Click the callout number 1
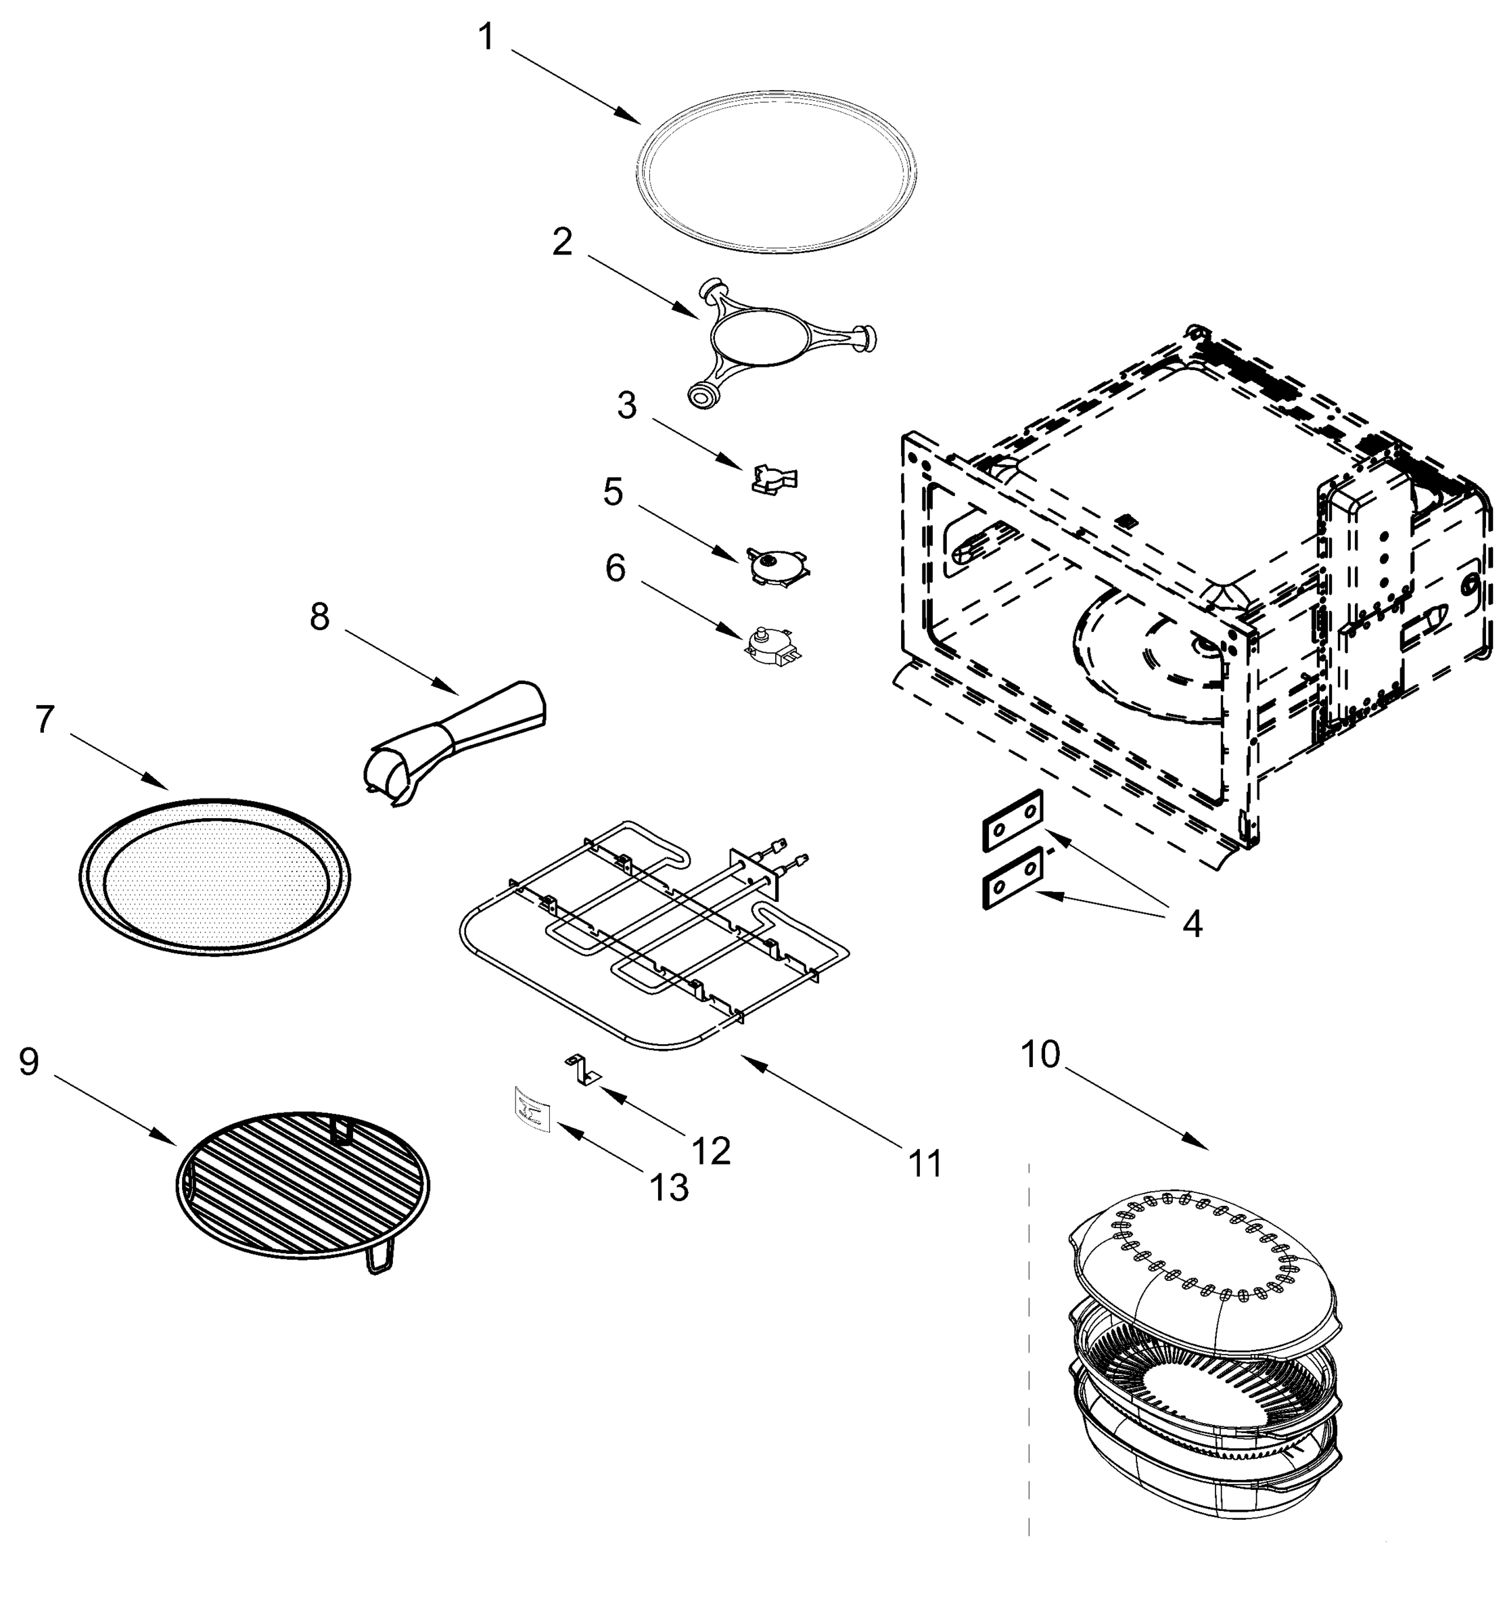(x=486, y=37)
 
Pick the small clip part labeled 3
(x=773, y=479)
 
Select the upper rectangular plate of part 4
(x=1013, y=819)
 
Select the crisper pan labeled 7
(x=216, y=876)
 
